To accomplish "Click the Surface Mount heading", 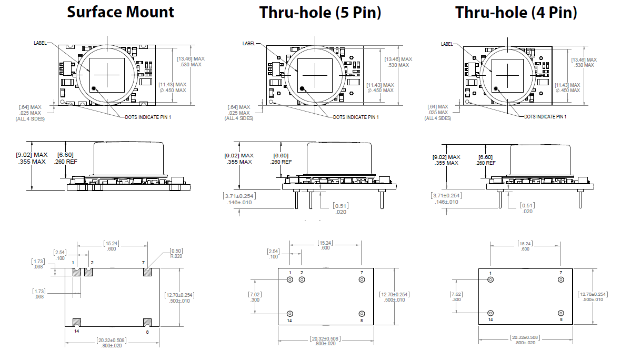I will point(121,12).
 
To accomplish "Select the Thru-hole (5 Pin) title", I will point(320,12).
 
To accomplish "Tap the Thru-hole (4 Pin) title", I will point(516,12).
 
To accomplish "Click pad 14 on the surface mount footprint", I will point(76,322).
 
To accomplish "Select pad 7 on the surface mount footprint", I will point(147,272).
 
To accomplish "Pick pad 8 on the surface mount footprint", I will point(147,322).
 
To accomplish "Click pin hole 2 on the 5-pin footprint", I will point(302,279).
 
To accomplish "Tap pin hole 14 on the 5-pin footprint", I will point(289,313).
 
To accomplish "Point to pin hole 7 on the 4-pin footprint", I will point(561,279).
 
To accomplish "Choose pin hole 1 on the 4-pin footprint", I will point(490,279).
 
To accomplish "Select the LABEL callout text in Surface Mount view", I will point(40,43).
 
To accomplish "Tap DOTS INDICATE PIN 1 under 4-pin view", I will point(545,116).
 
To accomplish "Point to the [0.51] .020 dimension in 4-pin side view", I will point(527,208).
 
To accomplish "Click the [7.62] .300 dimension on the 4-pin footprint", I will point(457,296).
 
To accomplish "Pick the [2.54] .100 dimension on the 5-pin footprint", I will point(273,254).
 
